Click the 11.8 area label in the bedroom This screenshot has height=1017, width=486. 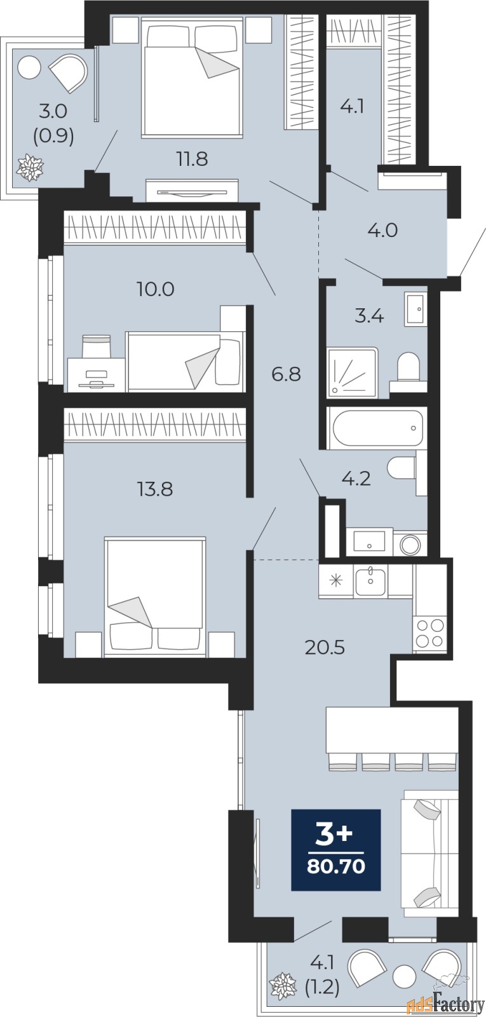point(192,159)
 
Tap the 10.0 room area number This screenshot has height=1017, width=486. point(156,289)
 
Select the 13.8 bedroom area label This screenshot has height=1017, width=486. point(155,489)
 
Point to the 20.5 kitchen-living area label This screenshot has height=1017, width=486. point(325,648)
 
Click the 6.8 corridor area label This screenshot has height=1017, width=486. point(287,374)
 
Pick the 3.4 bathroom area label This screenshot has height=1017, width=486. point(369,315)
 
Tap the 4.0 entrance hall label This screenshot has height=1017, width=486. point(382,230)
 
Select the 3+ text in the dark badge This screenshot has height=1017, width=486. point(334,835)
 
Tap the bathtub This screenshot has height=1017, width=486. point(377,428)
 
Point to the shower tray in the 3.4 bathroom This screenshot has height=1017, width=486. point(352,372)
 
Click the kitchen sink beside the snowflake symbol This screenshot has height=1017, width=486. point(370,581)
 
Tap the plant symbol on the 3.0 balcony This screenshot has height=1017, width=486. point(29,166)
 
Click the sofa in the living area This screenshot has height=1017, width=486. point(430,854)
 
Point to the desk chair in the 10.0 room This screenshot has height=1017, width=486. point(96,346)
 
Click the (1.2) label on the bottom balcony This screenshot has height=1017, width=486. point(322,988)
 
